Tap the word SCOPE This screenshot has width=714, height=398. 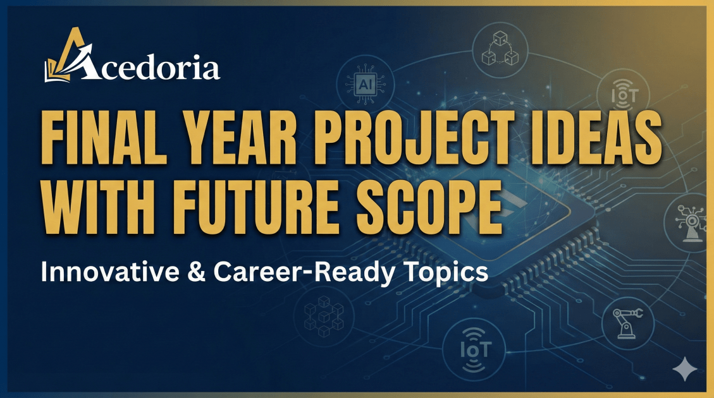[x=430, y=207]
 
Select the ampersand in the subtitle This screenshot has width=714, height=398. [x=196, y=272]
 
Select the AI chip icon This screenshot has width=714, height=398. [x=365, y=84]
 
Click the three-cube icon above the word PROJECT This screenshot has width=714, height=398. [x=500, y=47]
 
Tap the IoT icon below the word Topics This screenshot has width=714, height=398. [x=474, y=350]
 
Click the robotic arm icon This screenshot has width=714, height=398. [x=627, y=322]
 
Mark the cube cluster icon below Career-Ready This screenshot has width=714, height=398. [x=324, y=316]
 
